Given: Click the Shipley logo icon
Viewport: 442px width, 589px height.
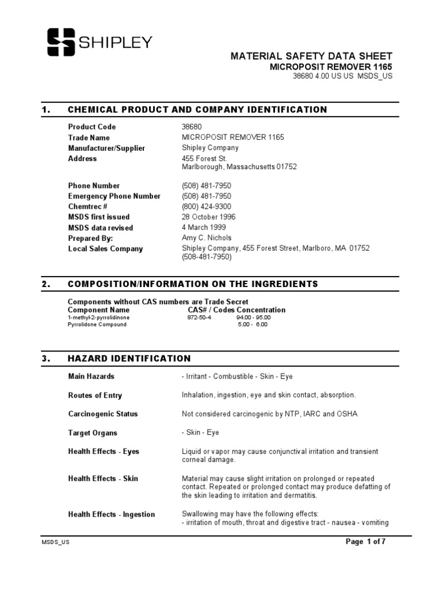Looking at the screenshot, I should point(61,43).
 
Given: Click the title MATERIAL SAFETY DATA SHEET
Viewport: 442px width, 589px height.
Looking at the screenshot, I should point(311,56).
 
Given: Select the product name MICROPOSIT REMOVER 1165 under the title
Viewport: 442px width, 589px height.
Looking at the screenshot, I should point(331,67).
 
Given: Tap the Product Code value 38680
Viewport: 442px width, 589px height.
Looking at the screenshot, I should point(192,127).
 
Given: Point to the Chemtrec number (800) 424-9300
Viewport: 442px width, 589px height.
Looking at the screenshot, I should point(207,206).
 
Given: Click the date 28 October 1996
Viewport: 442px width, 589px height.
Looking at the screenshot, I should point(208,217).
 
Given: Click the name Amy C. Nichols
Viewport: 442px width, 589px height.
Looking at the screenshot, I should point(207,238).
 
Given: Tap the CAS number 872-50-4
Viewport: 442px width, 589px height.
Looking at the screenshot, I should point(199,318).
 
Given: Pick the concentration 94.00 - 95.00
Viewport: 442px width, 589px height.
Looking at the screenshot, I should point(253,318).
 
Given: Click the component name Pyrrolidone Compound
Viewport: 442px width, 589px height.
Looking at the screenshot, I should point(97,324).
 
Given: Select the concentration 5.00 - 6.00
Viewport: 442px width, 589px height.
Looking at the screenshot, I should point(253,324).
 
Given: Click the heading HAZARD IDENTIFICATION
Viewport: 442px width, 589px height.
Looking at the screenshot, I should point(129,359).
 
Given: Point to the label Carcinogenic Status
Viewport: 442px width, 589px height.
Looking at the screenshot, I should point(103,414).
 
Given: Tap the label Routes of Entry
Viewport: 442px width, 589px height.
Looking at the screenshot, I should point(95,396).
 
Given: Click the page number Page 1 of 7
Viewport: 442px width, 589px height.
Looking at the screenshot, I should point(365,542).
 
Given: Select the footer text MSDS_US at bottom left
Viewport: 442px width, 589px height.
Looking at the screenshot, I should point(55,542).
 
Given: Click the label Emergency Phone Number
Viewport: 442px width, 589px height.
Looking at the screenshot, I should point(115,196).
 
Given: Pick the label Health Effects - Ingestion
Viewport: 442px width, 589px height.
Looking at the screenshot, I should point(112,514).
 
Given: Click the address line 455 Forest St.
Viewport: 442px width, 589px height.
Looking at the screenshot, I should point(204,158).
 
